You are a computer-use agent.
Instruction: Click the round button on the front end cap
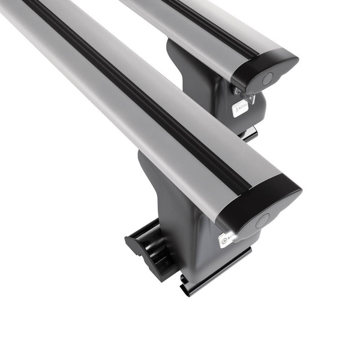[262, 220]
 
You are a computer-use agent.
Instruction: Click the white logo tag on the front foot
[227, 239]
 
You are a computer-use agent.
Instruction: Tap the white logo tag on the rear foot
[240, 108]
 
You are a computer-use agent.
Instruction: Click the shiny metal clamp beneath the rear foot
[249, 133]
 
